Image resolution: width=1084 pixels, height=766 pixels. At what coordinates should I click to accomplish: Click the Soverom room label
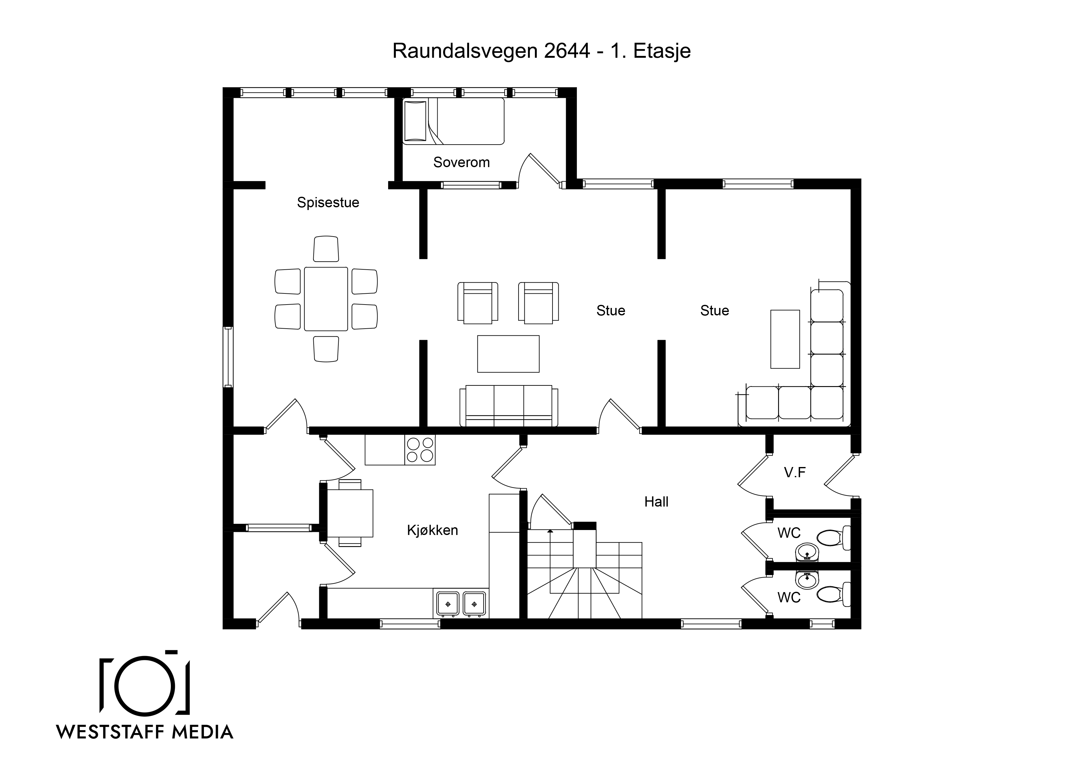(461, 162)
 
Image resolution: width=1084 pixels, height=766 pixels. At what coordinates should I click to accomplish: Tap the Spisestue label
(328, 203)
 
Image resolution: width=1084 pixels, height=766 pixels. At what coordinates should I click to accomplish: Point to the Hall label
(656, 502)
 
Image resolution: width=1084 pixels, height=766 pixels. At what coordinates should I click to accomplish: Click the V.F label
(795, 473)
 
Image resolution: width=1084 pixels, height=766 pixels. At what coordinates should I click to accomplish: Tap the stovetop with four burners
(420, 449)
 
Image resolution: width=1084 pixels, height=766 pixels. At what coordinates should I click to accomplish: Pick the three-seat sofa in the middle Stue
(509, 406)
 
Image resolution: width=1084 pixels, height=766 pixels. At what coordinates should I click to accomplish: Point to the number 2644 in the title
(567, 51)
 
